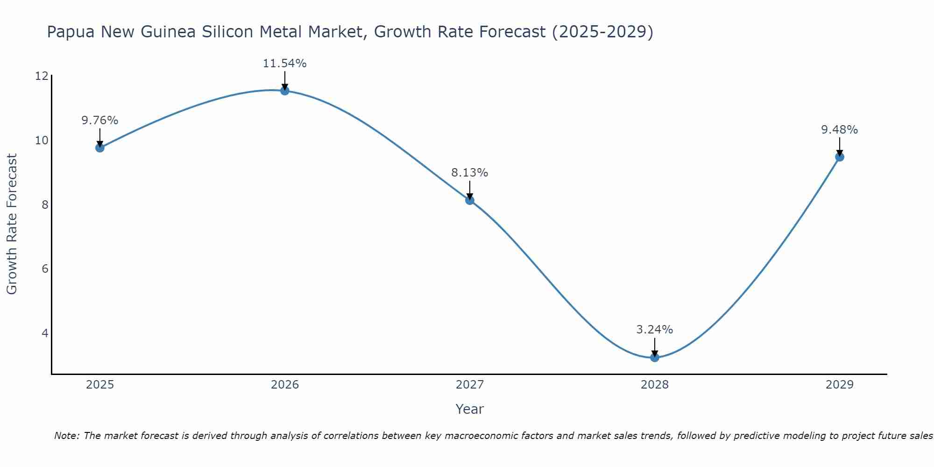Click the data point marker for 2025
pos(100,148)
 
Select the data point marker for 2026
pos(285,91)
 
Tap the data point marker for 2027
pos(470,200)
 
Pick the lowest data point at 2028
pos(655,357)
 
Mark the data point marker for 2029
pos(840,157)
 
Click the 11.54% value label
pos(284,64)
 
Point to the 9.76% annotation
pos(100,120)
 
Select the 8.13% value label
pos(469,173)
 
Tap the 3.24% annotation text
pos(654,330)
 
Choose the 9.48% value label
pos(839,130)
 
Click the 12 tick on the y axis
pos(42,76)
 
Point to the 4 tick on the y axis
pos(45,333)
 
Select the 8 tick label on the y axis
pos(45,205)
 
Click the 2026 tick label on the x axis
pos(285,385)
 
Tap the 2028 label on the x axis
pos(655,385)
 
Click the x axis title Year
pos(469,409)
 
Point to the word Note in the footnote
pos(66,436)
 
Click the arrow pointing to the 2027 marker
pos(470,191)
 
